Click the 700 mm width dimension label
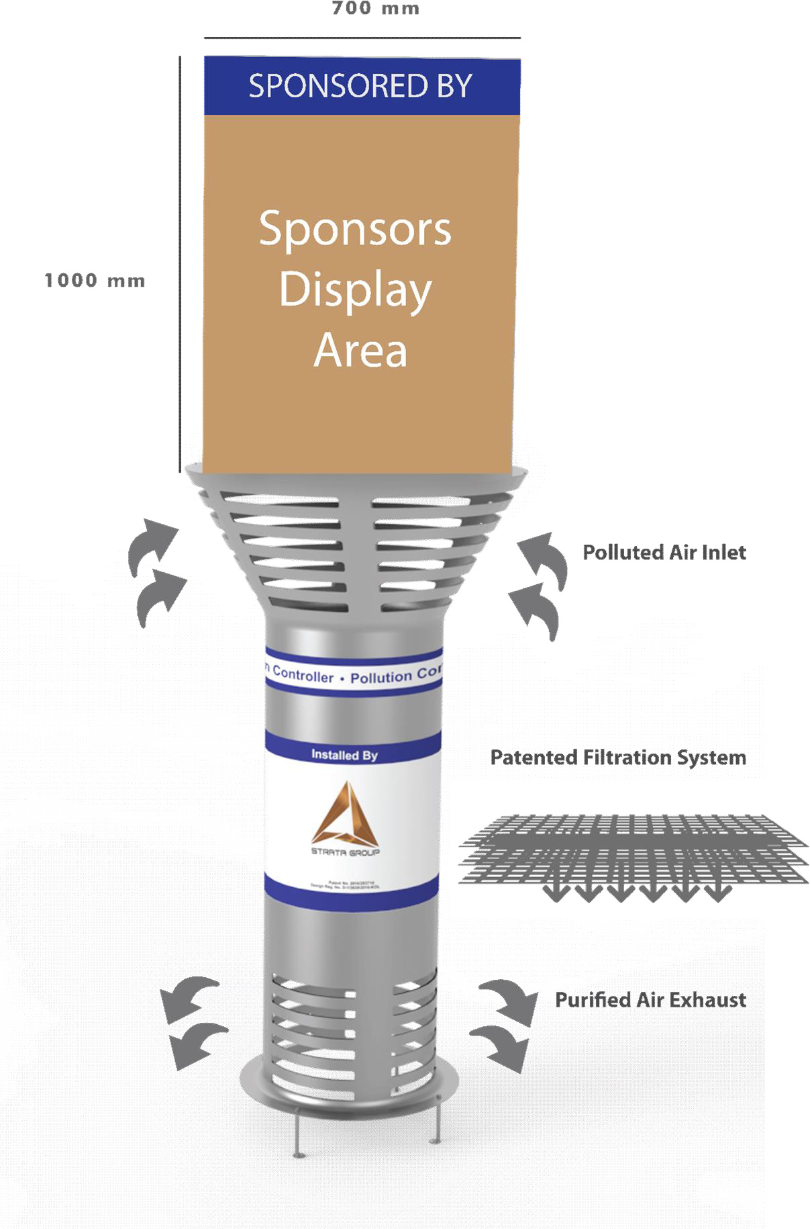(375, 9)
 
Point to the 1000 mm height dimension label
(95, 281)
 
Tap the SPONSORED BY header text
(360, 86)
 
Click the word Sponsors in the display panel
(355, 230)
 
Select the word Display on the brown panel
(355, 290)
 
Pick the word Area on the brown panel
(360, 351)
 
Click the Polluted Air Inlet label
(664, 553)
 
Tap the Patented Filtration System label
(617, 758)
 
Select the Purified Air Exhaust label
(650, 1000)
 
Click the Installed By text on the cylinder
(344, 755)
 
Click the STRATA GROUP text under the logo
(345, 852)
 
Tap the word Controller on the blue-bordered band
(303, 675)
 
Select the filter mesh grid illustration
(632, 850)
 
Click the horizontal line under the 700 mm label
(362, 38)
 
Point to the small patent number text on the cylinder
(345, 884)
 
